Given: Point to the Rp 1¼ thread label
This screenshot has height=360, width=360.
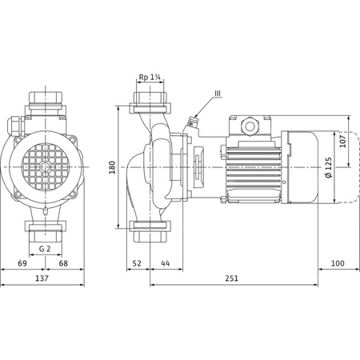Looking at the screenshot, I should point(149,78).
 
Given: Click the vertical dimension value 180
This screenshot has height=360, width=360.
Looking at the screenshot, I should point(114,166).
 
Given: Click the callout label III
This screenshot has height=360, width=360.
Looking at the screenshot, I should point(216,96).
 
